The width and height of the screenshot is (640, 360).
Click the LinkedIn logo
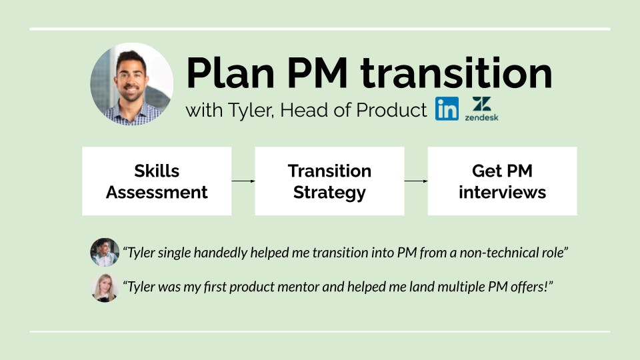447,109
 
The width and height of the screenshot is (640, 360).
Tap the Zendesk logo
481,109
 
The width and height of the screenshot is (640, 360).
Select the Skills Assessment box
157,181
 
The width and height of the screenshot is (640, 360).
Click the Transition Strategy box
329,181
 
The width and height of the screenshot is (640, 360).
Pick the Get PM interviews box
502,181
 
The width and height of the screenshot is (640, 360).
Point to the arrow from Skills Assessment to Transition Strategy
243,181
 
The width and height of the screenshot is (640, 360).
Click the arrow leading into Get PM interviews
416,181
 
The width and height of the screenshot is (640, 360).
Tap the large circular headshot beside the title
131,84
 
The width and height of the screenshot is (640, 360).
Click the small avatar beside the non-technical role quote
105,252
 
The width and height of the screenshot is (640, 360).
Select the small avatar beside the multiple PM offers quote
105,288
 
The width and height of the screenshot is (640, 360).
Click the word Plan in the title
230,73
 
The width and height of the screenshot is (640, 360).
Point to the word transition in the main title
456,73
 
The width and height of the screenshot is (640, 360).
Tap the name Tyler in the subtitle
251,111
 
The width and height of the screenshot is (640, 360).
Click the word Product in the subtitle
391,110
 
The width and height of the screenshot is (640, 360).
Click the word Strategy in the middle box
329,193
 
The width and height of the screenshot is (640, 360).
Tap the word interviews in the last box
502,192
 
